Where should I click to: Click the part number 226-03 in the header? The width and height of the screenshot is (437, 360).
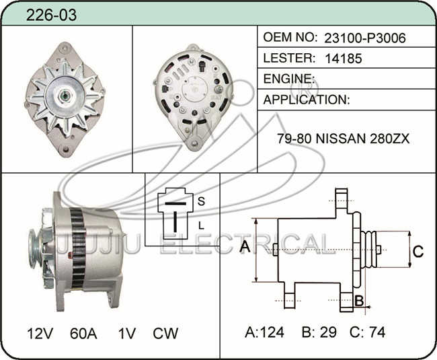coord(51,15)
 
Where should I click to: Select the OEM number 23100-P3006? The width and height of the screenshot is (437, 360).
coord(365,38)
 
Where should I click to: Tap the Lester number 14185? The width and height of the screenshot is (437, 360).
coord(344,59)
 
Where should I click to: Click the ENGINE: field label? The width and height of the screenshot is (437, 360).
coord(289,79)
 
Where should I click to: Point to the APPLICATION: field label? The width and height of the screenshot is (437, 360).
coord(307,100)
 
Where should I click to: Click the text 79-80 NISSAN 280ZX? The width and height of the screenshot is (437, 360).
coord(344,139)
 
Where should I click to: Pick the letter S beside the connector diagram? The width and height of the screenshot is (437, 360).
coord(201,201)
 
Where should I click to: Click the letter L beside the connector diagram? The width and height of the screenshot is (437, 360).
coord(201,225)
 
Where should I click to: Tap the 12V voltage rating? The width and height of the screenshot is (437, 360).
coord(40,333)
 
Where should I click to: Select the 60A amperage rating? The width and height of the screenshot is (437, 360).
coord(83,333)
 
